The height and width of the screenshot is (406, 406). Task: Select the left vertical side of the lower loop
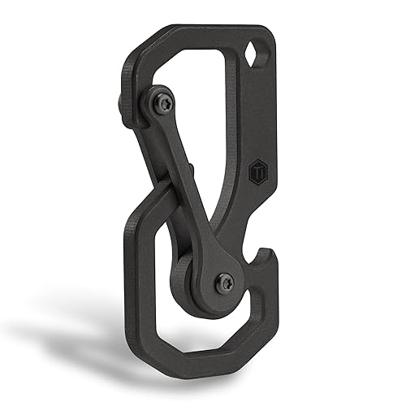pyautogui.click(x=133, y=276)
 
